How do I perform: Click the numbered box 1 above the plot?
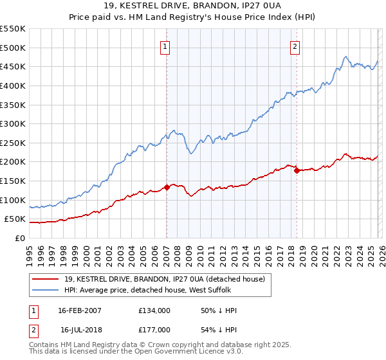pyautogui.click(x=166, y=46)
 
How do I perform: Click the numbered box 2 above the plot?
pyautogui.click(x=295, y=46)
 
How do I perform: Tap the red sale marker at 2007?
pyautogui.click(x=167, y=187)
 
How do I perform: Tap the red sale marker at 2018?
pyautogui.click(x=297, y=170)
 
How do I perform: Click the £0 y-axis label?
pyautogui.click(x=19, y=238)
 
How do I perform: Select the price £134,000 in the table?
pyautogui.click(x=154, y=310)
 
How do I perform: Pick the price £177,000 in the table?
pyautogui.click(x=154, y=330)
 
